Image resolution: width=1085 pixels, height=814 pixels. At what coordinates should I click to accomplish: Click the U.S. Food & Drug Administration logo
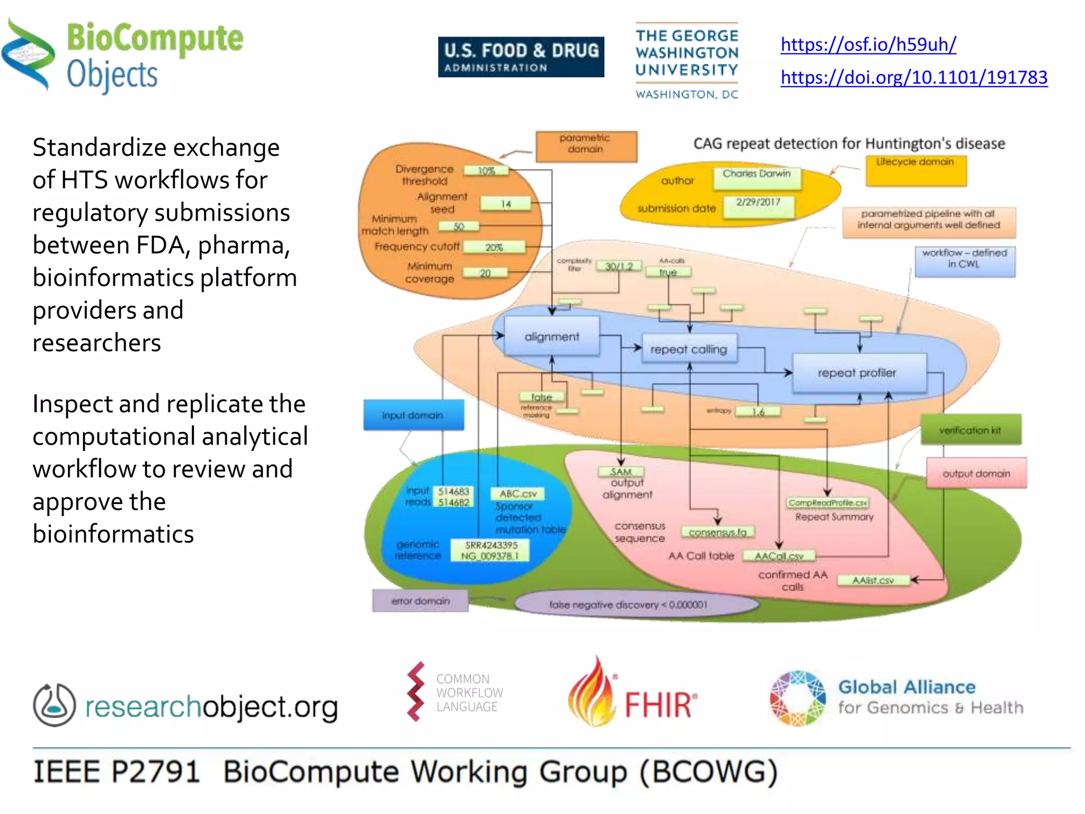pos(521,57)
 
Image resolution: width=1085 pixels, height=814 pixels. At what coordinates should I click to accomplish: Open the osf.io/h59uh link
pos(868,45)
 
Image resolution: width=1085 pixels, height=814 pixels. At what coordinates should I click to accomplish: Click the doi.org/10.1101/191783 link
pos(913,77)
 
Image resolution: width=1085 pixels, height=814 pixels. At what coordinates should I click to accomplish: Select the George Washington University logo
pos(687,60)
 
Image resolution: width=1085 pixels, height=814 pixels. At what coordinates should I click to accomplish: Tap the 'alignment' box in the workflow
pos(552,337)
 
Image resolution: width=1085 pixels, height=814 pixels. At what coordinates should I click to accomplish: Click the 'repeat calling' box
pos(689,349)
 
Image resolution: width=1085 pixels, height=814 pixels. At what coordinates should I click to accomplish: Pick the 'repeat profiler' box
pos(857,373)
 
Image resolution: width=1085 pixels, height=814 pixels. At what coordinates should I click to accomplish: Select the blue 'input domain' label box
pos(413,415)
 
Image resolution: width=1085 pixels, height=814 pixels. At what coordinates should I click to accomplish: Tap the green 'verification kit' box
pos(970,430)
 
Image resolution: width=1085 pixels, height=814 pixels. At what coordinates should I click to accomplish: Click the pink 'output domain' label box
pos(976,473)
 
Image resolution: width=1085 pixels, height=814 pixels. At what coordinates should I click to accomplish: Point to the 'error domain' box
pos(420,601)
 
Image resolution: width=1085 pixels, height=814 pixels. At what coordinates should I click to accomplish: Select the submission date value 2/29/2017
pos(758,203)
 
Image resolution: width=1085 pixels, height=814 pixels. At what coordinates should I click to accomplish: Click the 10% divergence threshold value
pos(486,171)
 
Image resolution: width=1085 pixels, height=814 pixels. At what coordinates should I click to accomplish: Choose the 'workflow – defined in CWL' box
pos(965,260)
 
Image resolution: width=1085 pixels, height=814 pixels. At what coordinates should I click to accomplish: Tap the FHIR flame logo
pos(592,693)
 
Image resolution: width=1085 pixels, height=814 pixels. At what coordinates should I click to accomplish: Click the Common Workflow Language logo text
pos(469,693)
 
